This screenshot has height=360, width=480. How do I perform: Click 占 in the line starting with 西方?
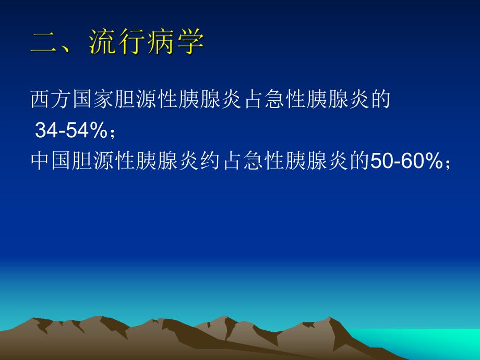[255, 100]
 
